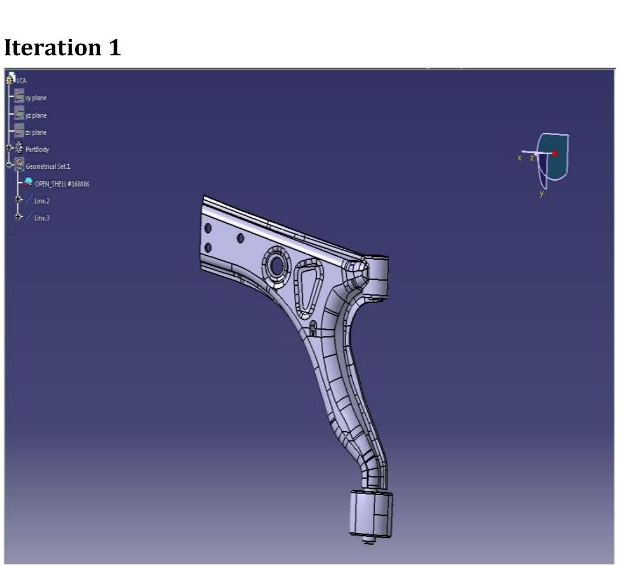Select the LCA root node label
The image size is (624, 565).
22,80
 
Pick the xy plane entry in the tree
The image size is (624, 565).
36,98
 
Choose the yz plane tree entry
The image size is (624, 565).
36,115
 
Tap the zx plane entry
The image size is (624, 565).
36,132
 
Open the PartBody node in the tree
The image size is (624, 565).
37,149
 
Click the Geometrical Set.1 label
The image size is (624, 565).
48,166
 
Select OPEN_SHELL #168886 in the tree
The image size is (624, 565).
61,183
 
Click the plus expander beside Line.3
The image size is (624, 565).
19,217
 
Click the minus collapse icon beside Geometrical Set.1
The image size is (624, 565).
9,166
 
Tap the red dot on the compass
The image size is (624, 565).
555,153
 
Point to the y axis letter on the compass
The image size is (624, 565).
541,194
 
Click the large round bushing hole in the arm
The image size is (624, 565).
277,265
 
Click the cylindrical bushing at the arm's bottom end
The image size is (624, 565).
371,513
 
